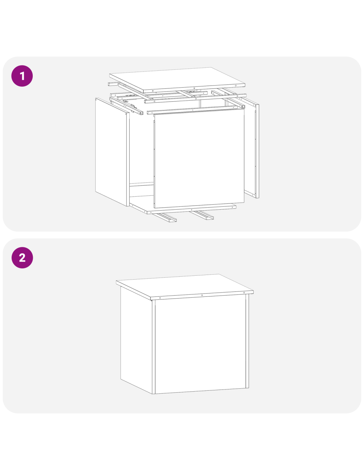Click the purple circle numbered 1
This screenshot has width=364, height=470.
(x=22, y=76)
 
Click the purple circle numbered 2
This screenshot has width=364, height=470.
(x=22, y=257)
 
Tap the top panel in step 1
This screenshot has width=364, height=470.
(x=177, y=80)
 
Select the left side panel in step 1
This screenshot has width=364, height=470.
(x=112, y=152)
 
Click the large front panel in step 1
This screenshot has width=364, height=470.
(x=199, y=158)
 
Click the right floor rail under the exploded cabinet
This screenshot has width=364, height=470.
(x=202, y=215)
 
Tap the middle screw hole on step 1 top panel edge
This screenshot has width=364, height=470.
(x=194, y=88)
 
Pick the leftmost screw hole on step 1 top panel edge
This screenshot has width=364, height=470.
(x=153, y=91)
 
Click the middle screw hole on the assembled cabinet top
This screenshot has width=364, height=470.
(x=202, y=295)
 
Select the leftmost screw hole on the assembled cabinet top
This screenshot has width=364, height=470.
(x=160, y=298)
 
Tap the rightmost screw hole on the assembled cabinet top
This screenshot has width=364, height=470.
(x=244, y=293)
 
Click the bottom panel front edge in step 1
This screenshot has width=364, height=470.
(x=192, y=210)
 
